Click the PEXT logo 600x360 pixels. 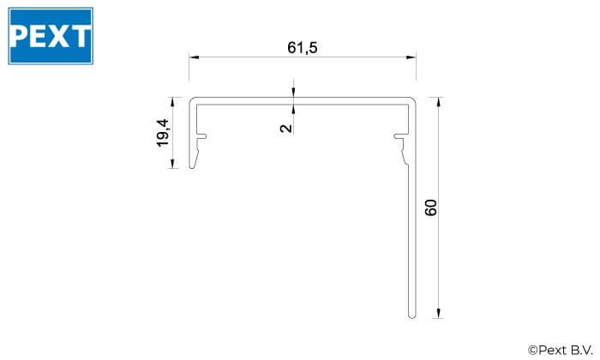pyautogui.click(x=51, y=36)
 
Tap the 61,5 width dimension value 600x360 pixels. pyautogui.click(x=303, y=48)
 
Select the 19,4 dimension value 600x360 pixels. pyautogui.click(x=163, y=133)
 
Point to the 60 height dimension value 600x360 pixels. pyautogui.click(x=431, y=207)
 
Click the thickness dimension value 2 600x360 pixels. pyautogui.click(x=286, y=128)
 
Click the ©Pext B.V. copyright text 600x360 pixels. pyautogui.click(x=561, y=350)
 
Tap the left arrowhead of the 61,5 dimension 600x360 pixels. pyautogui.click(x=194, y=57)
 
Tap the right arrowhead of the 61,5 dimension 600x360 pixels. pyautogui.click(x=411, y=57)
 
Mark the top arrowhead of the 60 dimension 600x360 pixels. pyautogui.click(x=439, y=102)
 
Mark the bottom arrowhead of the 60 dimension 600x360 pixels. pyautogui.click(x=439, y=314)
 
